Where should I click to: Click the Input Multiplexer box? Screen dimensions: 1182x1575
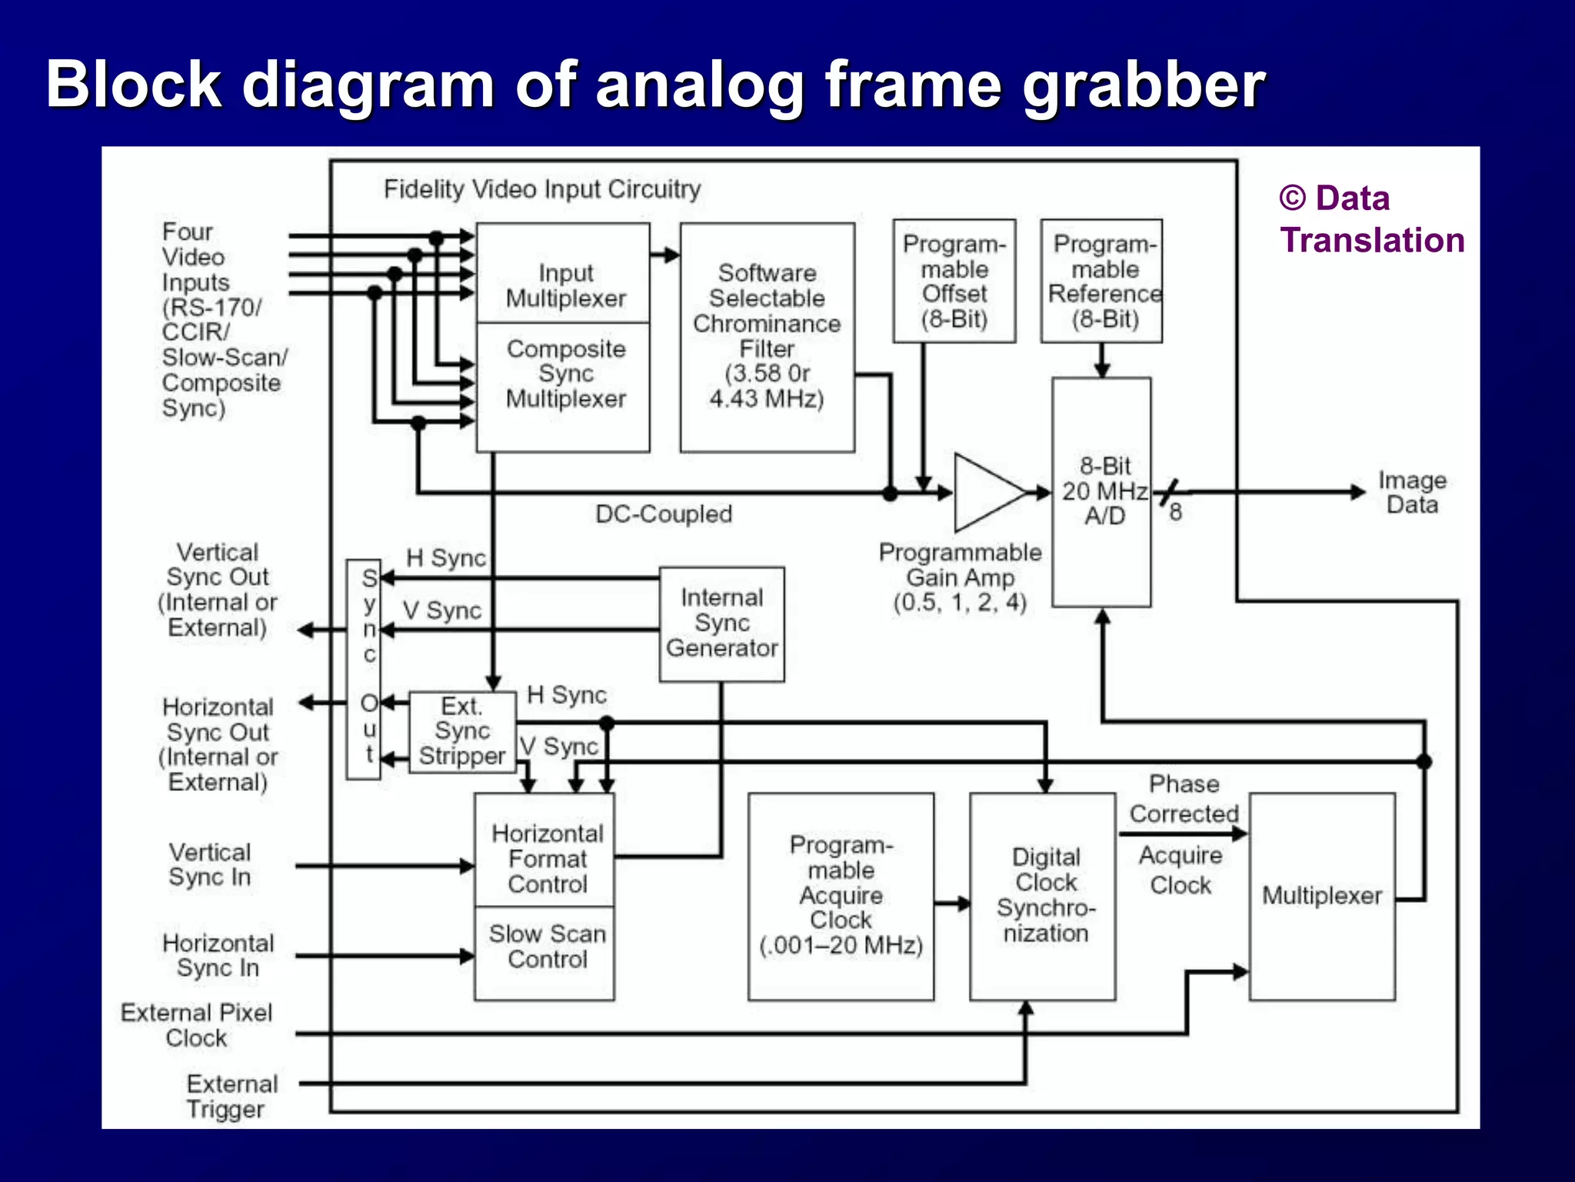(x=563, y=274)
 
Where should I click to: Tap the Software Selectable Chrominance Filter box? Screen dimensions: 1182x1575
(x=767, y=337)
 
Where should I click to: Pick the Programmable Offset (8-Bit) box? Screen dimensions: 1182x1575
(x=954, y=282)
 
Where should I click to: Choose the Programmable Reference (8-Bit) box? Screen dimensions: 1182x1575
(x=1101, y=282)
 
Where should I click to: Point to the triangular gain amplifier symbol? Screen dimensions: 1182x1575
(x=984, y=492)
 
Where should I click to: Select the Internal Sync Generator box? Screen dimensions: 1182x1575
(x=721, y=623)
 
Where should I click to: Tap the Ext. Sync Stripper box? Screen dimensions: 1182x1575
(x=461, y=732)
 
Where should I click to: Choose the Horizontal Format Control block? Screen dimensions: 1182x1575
(x=544, y=850)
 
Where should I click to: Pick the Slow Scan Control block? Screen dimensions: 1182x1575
(x=544, y=953)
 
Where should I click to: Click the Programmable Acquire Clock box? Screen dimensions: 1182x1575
(x=841, y=897)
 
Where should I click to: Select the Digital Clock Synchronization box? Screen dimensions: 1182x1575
(x=1042, y=897)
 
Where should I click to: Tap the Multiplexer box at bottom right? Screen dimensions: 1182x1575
(x=1321, y=897)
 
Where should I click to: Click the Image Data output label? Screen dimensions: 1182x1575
(x=1411, y=492)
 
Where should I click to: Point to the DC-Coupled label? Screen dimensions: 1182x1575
(x=663, y=514)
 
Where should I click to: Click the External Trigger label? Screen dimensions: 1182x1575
(x=231, y=1096)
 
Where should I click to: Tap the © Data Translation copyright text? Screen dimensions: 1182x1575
(x=1370, y=219)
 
